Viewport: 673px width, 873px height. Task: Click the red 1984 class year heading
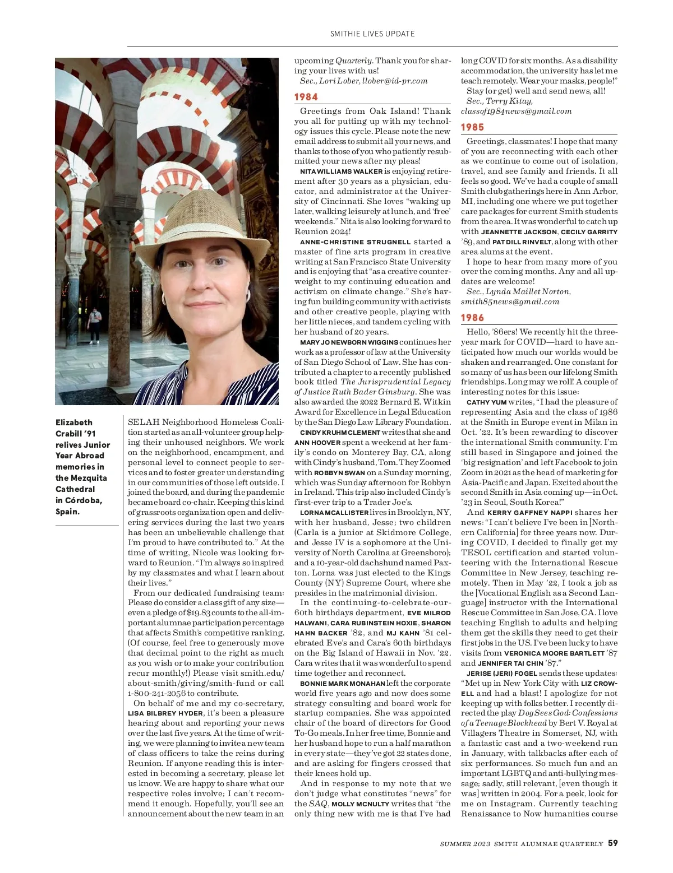coord(306,97)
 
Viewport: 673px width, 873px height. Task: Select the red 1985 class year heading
coord(473,127)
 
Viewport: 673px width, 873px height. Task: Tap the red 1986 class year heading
coord(473,318)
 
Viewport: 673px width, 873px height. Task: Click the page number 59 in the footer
coord(613,843)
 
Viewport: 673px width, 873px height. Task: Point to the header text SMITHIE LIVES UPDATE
coord(372,34)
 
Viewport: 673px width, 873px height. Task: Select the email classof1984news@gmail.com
coord(516,111)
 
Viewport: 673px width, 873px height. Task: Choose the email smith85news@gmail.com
coord(510,301)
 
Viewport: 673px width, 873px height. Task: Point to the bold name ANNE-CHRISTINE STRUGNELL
coord(356,242)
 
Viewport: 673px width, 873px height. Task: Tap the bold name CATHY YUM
coord(486,402)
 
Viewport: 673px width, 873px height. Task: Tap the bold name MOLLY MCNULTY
coord(360,804)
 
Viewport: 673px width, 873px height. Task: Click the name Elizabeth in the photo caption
coord(74,422)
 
